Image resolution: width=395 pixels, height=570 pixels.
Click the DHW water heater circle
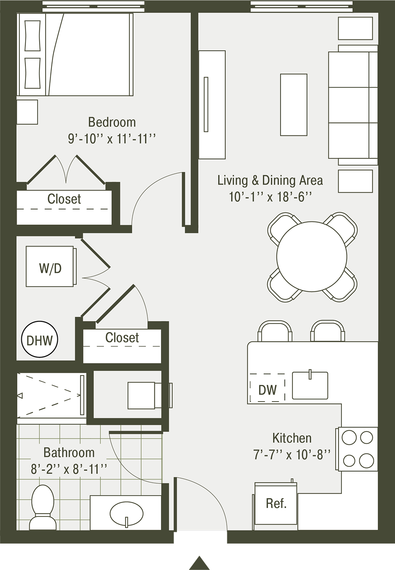coord(39,339)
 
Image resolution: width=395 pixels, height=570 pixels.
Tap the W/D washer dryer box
coord(51,266)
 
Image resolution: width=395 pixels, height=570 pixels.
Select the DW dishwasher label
coord(267,389)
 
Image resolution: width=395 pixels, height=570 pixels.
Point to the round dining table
coord(312,257)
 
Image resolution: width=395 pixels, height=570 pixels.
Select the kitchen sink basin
coord(310,385)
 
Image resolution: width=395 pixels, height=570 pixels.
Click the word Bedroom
coord(112,122)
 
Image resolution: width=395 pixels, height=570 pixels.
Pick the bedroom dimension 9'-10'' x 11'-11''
coord(112,139)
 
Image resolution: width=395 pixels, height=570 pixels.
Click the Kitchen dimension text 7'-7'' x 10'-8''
coord(292,455)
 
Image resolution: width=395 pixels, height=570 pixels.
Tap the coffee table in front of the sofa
coord(294,104)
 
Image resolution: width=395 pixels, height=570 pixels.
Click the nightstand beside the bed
coord(27,112)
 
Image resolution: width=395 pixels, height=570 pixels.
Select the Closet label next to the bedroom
coord(64,199)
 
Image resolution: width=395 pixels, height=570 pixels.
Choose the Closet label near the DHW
coord(122,338)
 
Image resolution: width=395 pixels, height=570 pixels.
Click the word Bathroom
coord(69,453)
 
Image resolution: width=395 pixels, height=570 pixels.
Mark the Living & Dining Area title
coord(270,181)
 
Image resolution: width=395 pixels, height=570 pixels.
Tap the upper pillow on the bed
coord(33,36)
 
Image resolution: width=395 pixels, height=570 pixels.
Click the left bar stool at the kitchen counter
coord(275,331)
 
